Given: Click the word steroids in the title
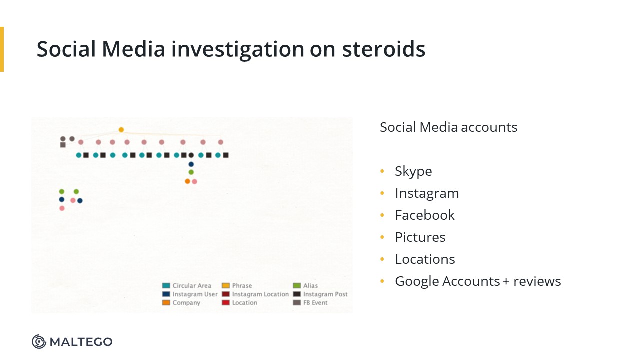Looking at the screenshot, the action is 383,49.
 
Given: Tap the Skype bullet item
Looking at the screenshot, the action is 413,171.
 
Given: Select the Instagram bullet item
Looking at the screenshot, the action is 427,193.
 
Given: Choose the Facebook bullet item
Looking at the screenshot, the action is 425,215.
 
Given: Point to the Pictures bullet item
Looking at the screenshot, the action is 420,237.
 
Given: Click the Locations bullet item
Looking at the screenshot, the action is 425,259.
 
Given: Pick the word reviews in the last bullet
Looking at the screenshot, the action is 537,281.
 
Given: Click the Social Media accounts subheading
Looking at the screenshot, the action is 448,127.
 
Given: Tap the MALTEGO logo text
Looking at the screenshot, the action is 81,342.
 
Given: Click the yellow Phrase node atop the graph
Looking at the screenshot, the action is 121,130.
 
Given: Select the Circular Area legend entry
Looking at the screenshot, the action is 187,285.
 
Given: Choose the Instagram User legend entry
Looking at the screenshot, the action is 190,294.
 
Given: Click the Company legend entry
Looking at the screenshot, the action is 181,303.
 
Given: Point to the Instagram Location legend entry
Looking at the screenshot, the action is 255,294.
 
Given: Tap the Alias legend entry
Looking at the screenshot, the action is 305,285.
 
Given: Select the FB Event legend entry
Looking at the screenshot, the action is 310,303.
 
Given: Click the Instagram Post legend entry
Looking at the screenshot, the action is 320,294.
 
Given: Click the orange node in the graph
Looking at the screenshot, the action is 187,181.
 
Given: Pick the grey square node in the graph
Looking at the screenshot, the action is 63,145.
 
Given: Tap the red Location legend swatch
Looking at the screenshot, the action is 226,303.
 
